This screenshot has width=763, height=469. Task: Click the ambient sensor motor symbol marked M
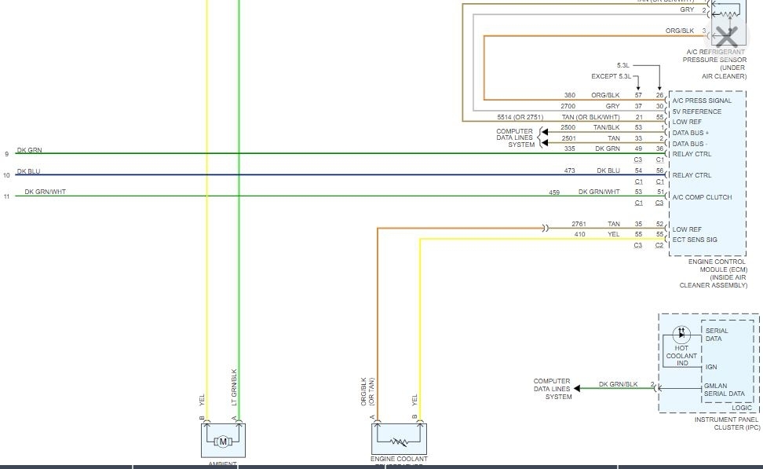tap(223, 442)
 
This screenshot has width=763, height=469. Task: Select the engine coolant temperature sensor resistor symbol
tap(400, 442)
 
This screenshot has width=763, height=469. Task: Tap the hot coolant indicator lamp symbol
tap(680, 334)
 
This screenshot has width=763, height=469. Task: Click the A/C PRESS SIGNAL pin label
tap(702, 101)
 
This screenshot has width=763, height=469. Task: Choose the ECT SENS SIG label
tap(694, 240)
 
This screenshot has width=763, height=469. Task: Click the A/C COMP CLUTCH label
tap(702, 197)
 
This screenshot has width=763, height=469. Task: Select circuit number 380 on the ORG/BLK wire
tap(569, 95)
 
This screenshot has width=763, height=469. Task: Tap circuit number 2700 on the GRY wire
tap(569, 106)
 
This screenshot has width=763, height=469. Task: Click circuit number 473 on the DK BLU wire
tap(570, 170)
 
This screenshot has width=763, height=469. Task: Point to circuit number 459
tap(554, 192)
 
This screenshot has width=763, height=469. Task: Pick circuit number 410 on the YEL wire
tap(579, 234)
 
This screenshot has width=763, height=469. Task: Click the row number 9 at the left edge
tap(6, 153)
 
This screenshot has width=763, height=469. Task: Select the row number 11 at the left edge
tap(6, 196)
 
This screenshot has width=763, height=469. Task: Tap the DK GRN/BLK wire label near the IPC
tap(618, 384)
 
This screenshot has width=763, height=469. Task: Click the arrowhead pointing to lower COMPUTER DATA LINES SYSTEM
tap(577, 388)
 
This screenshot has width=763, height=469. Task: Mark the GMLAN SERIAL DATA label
tap(725, 389)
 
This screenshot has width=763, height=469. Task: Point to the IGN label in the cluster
tap(711, 366)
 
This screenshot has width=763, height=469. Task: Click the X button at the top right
tap(727, 35)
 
